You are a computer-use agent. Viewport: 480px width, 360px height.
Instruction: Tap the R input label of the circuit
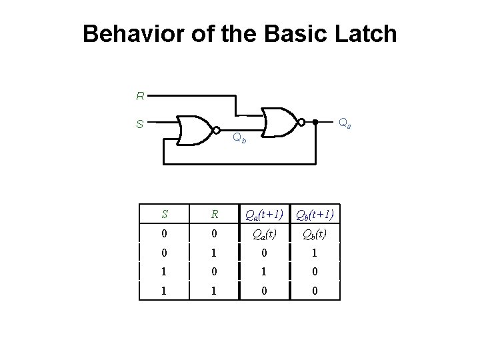140,97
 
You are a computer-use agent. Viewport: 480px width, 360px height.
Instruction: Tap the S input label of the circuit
140,123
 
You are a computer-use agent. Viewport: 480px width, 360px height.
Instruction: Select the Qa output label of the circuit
345,123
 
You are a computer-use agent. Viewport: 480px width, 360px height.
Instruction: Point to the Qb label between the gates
239,139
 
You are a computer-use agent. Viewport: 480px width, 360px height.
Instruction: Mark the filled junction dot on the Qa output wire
315,122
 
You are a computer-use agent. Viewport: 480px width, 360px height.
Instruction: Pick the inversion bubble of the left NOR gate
215,130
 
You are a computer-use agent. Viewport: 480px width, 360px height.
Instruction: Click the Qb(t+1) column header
315,215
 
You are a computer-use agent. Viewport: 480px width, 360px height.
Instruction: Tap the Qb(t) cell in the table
315,233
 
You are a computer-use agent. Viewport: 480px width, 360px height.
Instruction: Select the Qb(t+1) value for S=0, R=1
315,253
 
